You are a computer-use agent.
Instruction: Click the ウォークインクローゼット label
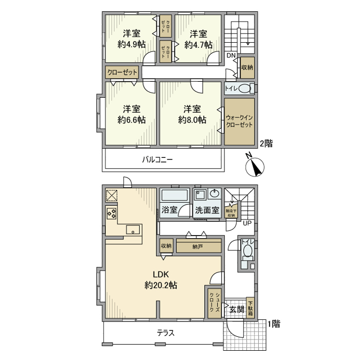pyautogui.click(x=239, y=121)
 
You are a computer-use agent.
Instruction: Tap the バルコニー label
pyautogui.click(x=157, y=160)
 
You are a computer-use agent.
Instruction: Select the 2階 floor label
pyautogui.click(x=266, y=143)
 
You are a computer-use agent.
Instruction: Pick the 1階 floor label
pyautogui.click(x=273, y=323)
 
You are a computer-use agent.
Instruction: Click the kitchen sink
pyautogui.click(x=133, y=230)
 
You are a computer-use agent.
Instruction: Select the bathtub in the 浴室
pyautogui.click(x=175, y=195)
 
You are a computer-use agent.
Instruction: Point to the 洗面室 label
pyautogui.click(x=207, y=210)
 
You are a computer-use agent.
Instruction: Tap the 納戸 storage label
pyautogui.click(x=197, y=247)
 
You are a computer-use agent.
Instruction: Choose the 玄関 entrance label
pyautogui.click(x=237, y=309)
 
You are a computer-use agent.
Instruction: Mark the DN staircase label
pyautogui.click(x=231, y=56)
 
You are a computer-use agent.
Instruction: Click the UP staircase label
pyautogui.click(x=247, y=223)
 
